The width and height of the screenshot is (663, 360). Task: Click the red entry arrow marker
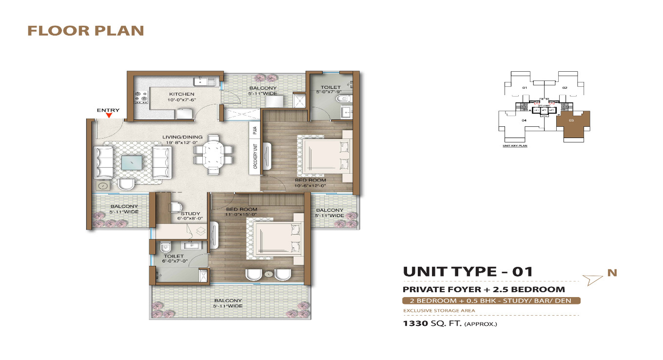(x=109, y=116)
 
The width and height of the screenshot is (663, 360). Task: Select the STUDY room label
(x=190, y=214)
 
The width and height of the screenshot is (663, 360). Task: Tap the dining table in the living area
(x=214, y=154)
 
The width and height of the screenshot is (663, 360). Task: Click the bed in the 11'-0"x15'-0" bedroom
(x=275, y=238)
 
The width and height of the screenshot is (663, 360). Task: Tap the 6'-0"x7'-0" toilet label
(x=174, y=259)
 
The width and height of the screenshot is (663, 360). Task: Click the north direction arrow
(x=593, y=279)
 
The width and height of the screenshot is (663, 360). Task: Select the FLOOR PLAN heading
(x=86, y=31)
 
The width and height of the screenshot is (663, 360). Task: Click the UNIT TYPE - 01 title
(x=468, y=271)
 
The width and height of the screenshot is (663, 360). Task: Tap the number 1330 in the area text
(x=415, y=323)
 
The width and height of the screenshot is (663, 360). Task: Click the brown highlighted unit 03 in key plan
(x=573, y=124)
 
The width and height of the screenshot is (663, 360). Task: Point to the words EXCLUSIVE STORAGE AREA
(x=439, y=310)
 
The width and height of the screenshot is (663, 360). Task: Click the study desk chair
(x=175, y=207)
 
